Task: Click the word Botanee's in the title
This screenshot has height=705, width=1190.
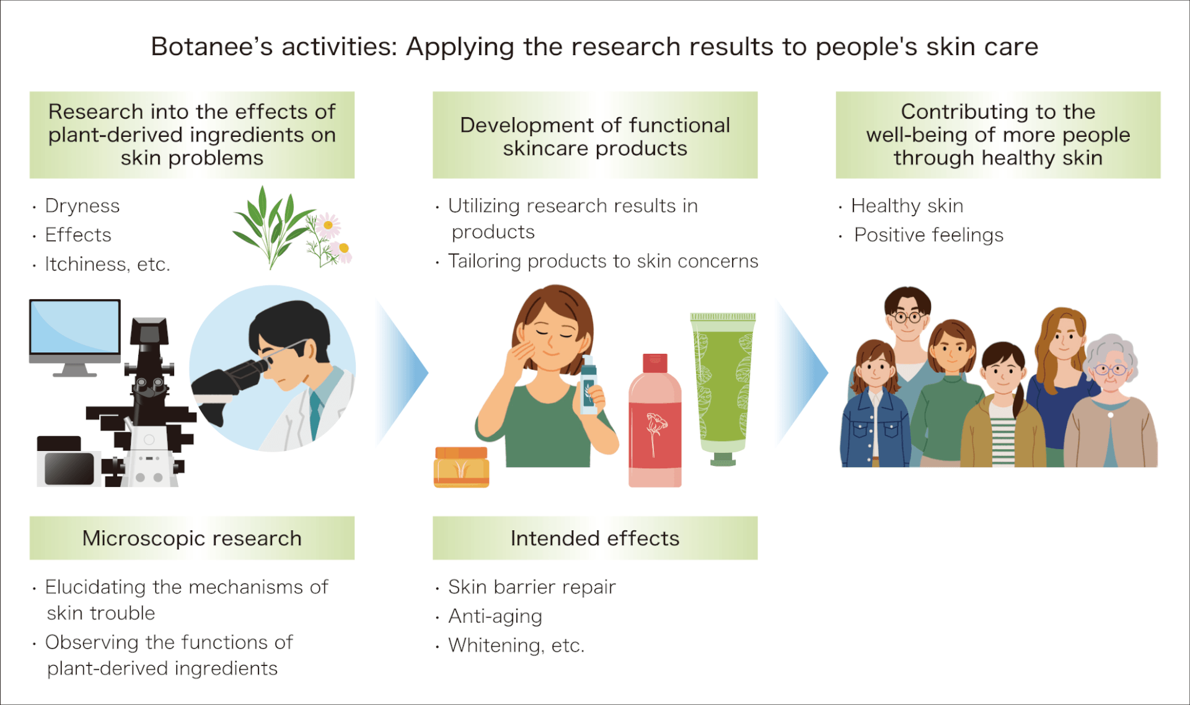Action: pyautogui.click(x=212, y=47)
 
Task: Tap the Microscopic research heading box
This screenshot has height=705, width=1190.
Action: pyautogui.click(x=192, y=538)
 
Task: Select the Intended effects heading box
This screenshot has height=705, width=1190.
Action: pyautogui.click(x=595, y=538)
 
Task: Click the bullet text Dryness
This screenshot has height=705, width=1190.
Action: pyautogui.click(x=82, y=206)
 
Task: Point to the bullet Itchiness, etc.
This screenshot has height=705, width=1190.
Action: pyautogui.click(x=107, y=264)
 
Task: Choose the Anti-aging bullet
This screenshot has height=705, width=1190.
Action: pyautogui.click(x=495, y=616)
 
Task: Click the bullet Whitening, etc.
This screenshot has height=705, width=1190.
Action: pyautogui.click(x=516, y=646)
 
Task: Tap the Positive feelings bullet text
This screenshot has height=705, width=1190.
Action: pyautogui.click(x=928, y=235)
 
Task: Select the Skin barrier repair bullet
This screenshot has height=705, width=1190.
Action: pyautogui.click(x=532, y=587)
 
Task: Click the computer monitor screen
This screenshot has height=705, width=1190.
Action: pyautogui.click(x=75, y=327)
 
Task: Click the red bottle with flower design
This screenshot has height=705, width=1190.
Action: pyautogui.click(x=655, y=421)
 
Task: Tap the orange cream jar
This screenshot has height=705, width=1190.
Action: pyautogui.click(x=462, y=467)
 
